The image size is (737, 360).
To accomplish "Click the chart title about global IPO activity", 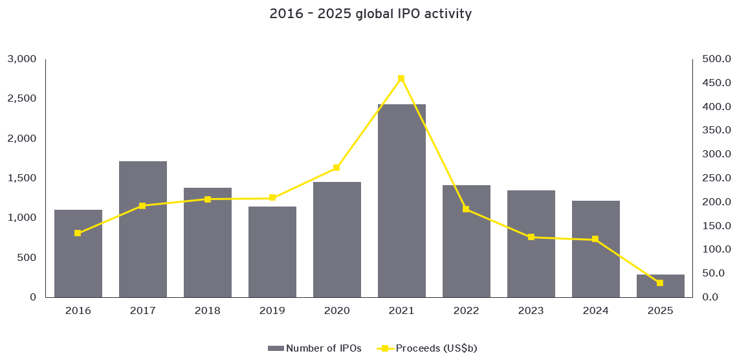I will point(371,14).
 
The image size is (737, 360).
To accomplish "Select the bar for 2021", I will point(401,201).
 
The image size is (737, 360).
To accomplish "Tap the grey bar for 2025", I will point(660,286).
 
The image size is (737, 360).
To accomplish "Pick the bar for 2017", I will point(142,229).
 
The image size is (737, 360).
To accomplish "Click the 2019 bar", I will point(272,252).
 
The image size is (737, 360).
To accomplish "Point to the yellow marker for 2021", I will point(401,78).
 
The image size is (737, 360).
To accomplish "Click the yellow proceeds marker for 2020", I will point(336,168).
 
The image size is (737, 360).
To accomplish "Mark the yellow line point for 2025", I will point(660,283).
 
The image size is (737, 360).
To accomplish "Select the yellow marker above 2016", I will point(78,233).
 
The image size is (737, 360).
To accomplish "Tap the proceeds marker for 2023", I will point(531,237).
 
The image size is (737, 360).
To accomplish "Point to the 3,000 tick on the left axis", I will point(21,59).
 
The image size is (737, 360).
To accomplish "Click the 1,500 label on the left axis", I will point(21,178).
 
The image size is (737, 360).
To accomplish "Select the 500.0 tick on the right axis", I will point(716,59).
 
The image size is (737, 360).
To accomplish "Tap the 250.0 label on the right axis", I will point(716,178).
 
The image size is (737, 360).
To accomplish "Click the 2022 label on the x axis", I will point(466,311).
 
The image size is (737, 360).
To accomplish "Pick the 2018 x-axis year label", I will point(207,311).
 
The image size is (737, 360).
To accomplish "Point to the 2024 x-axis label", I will point(595,311).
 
